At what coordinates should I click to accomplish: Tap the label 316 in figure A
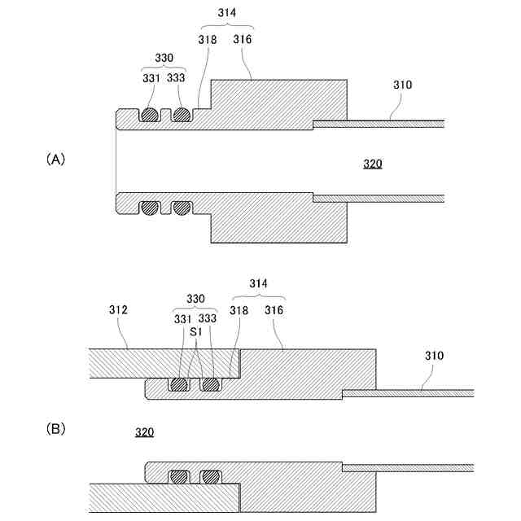(243, 39)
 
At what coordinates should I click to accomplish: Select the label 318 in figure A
(207, 39)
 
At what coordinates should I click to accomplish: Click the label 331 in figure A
(151, 78)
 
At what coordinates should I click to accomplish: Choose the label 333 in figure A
(176, 78)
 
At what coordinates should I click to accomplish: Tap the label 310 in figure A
(402, 84)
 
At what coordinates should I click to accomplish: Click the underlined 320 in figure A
(372, 164)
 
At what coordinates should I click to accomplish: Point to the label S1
(195, 332)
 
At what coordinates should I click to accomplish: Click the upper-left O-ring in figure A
(149, 115)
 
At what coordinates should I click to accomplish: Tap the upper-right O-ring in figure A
(181, 115)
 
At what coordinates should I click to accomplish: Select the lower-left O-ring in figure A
(149, 208)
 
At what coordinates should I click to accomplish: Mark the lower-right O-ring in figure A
(181, 208)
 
